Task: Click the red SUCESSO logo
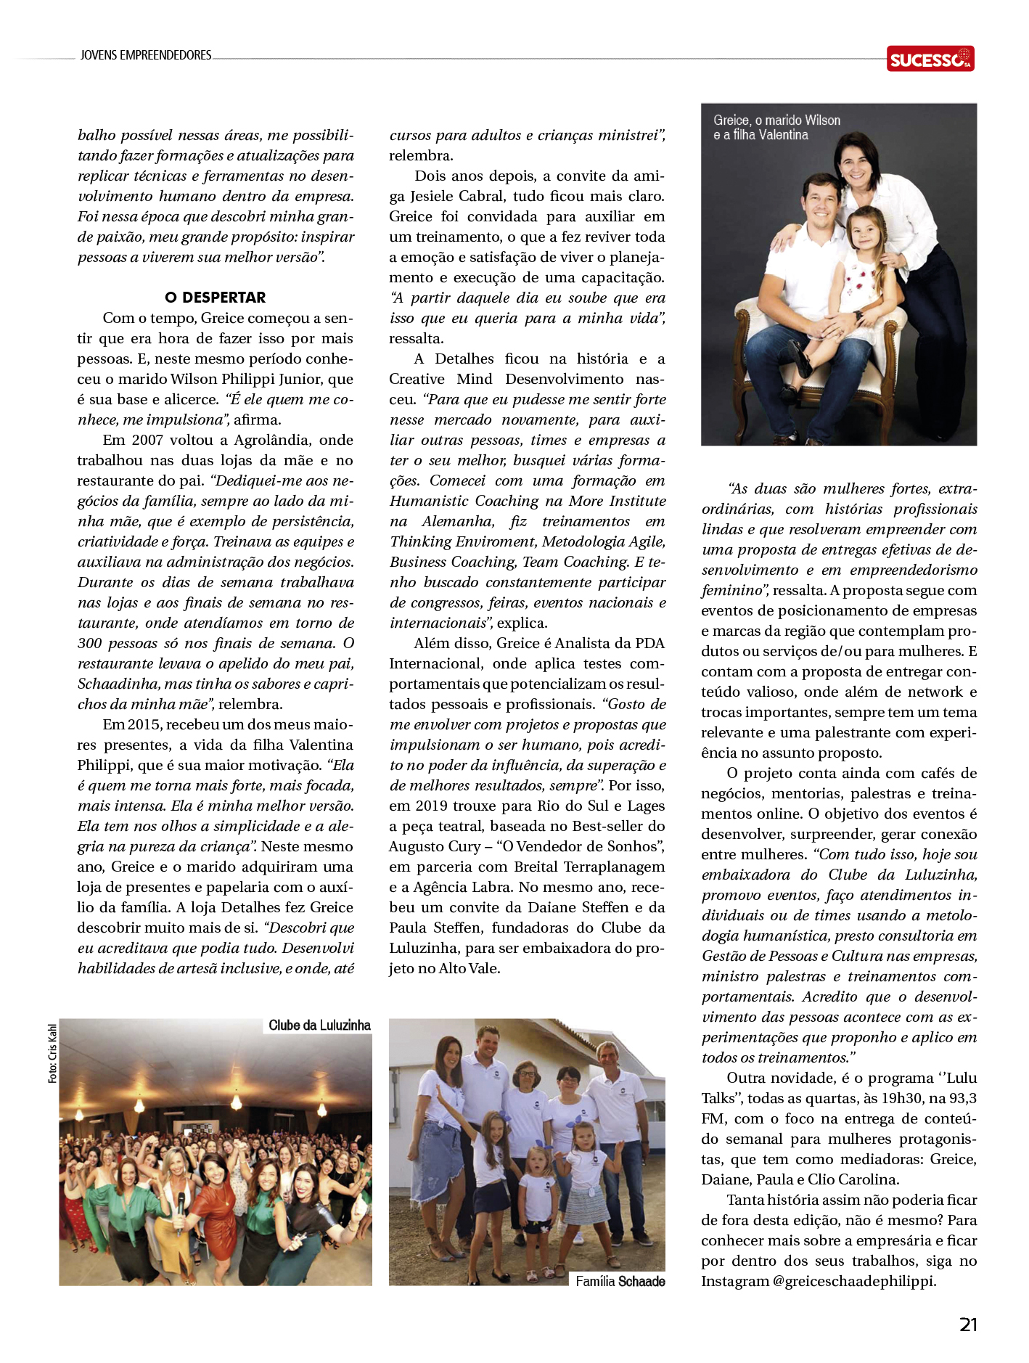click(x=930, y=59)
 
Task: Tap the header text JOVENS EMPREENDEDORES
click(x=146, y=55)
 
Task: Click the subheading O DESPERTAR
click(x=216, y=298)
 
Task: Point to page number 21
click(x=968, y=1325)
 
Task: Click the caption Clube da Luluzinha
click(x=319, y=1026)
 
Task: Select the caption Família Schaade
click(x=620, y=1282)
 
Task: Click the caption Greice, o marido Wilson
click(x=776, y=120)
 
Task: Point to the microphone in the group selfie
click(x=180, y=1208)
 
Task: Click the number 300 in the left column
click(x=90, y=643)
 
